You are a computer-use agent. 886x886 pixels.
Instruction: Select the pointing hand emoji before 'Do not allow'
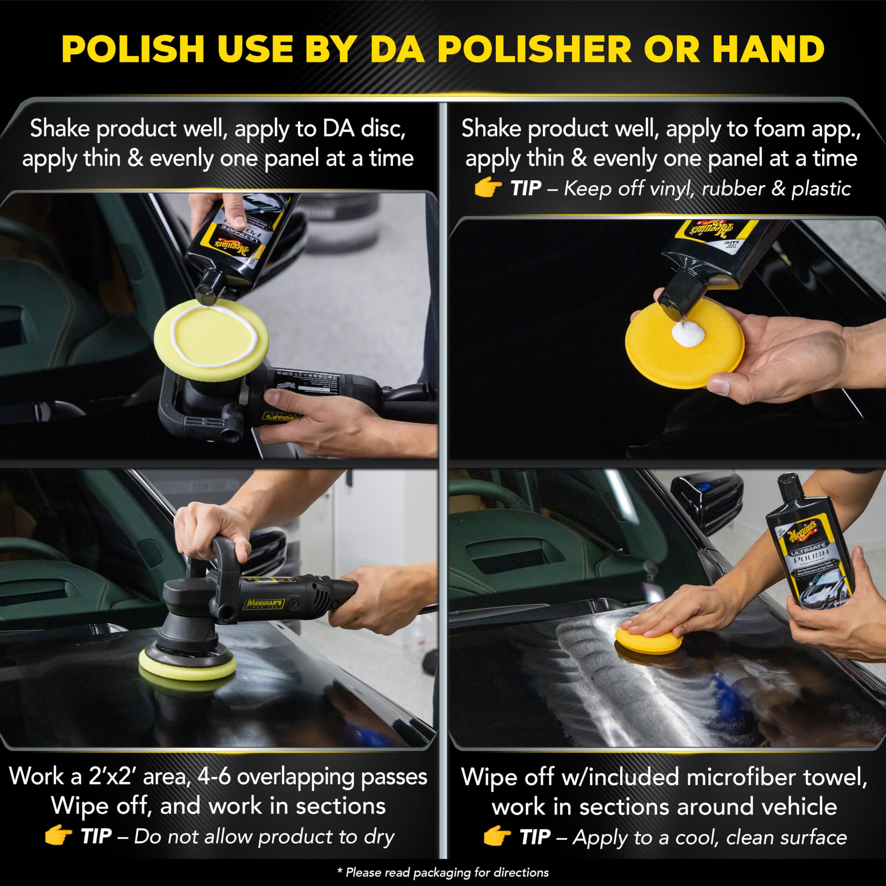(x=58, y=837)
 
